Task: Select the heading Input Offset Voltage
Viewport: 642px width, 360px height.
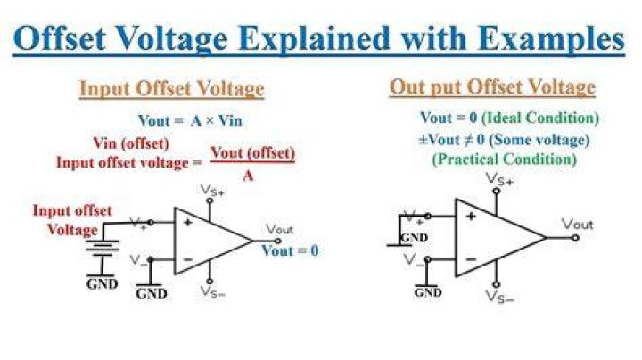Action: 171,89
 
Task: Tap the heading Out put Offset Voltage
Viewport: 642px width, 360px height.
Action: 492,87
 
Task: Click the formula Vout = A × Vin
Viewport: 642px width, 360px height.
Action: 190,120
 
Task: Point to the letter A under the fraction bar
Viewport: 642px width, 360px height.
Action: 248,176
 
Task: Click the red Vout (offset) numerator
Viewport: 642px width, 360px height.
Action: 252,153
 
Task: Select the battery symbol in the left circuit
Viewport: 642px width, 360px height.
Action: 103,248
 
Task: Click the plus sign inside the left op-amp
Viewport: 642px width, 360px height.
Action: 187,223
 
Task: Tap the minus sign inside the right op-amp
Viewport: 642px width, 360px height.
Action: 471,259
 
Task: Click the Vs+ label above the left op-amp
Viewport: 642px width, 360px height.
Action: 211,191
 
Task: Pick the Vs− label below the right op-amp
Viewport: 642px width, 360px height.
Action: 499,296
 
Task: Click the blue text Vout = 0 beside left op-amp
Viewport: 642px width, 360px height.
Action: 290,250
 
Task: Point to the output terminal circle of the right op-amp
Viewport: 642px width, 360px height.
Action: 575,238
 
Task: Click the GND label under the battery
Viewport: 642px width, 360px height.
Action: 103,284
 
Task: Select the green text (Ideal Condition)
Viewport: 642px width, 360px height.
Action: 540,119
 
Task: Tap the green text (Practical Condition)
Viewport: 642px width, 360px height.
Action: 505,160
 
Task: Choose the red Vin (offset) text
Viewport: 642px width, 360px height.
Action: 131,143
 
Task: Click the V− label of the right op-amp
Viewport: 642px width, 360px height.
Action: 414,260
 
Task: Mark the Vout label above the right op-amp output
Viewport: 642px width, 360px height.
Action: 577,225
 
